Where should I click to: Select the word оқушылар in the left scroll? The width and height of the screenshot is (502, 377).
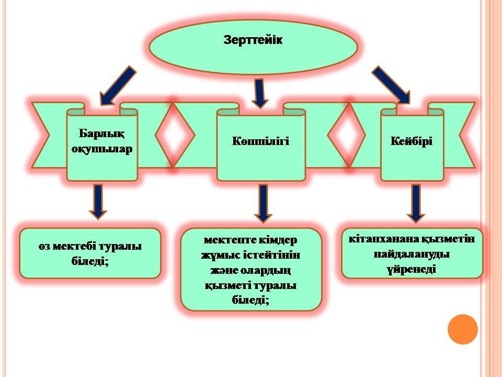pyautogui.click(x=102, y=148)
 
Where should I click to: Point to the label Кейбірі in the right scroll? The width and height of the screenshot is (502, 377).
pyautogui.click(x=412, y=141)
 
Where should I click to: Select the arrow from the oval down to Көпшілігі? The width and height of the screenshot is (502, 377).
pyautogui.click(x=259, y=93)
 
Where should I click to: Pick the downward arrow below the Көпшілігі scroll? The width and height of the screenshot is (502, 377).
pyautogui.click(x=263, y=202)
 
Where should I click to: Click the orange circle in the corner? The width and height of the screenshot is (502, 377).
pyautogui.click(x=463, y=329)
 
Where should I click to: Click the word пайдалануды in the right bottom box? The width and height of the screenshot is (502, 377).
pyautogui.click(x=413, y=254)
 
